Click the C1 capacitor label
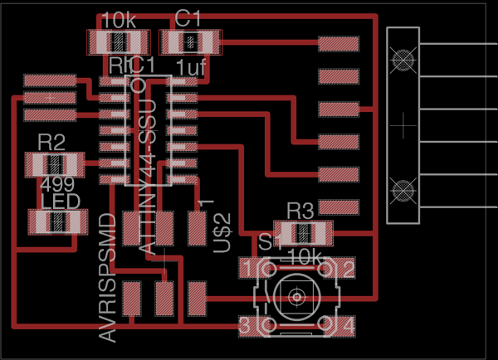click(x=188, y=17)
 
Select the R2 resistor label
click(x=51, y=140)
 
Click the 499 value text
click(x=56, y=184)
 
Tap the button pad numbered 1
click(x=248, y=268)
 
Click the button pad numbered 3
click(x=247, y=324)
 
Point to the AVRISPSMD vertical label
click(x=107, y=278)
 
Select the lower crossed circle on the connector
click(x=403, y=190)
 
